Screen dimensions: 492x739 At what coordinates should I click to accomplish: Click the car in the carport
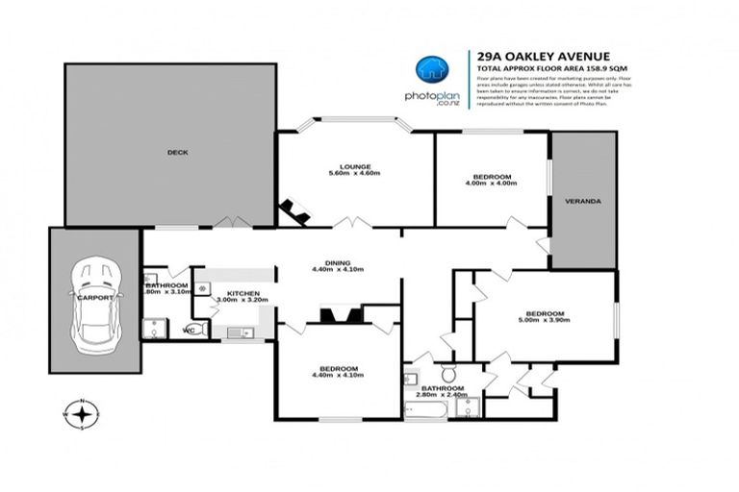95,297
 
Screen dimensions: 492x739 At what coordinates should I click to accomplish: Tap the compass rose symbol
85,413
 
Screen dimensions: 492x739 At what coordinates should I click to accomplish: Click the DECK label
176,152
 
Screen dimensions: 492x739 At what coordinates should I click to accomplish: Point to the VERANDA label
582,202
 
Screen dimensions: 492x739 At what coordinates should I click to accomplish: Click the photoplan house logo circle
430,70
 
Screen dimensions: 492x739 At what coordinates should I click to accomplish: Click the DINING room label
337,262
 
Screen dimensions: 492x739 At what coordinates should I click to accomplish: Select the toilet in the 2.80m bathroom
449,373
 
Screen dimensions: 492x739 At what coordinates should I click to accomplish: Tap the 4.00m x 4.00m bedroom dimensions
491,183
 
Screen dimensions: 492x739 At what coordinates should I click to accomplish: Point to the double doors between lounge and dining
355,224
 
